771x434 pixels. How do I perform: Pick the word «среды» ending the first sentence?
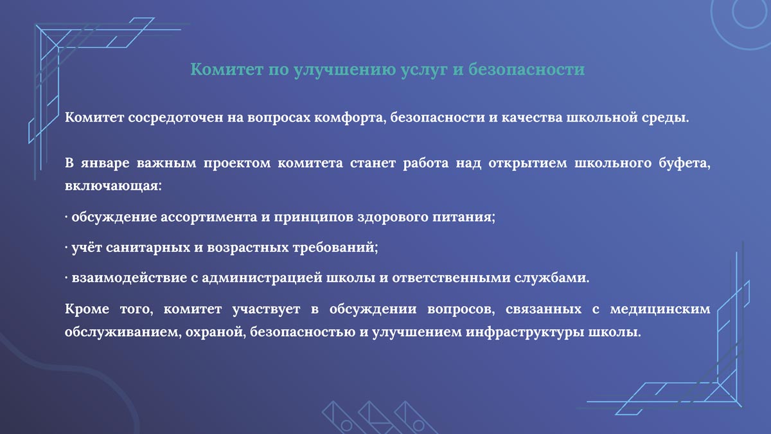[x=662, y=119]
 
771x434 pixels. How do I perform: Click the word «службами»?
[x=552, y=278]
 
